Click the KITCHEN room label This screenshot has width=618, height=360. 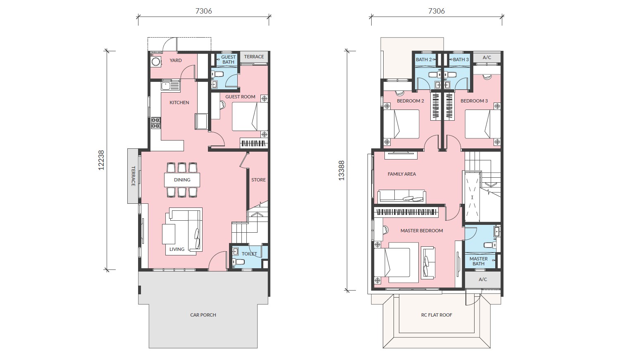point(179,103)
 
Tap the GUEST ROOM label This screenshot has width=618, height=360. point(240,97)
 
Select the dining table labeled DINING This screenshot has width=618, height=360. point(182,180)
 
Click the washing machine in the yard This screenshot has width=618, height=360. point(156,61)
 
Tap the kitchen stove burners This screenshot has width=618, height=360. point(156,123)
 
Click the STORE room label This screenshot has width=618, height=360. point(258,180)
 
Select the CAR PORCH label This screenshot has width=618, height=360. point(203,315)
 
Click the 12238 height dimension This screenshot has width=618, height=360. point(101,160)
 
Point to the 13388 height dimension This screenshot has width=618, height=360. point(341,171)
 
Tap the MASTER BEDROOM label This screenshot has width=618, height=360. point(422,231)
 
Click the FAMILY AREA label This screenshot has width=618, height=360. point(402,174)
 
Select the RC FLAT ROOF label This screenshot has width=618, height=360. point(437,315)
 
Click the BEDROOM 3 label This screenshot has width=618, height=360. point(474,101)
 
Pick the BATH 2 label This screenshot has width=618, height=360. point(424,60)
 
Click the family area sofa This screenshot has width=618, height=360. point(402,196)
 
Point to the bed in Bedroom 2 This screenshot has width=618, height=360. point(401,124)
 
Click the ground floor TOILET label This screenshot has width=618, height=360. point(249,254)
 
